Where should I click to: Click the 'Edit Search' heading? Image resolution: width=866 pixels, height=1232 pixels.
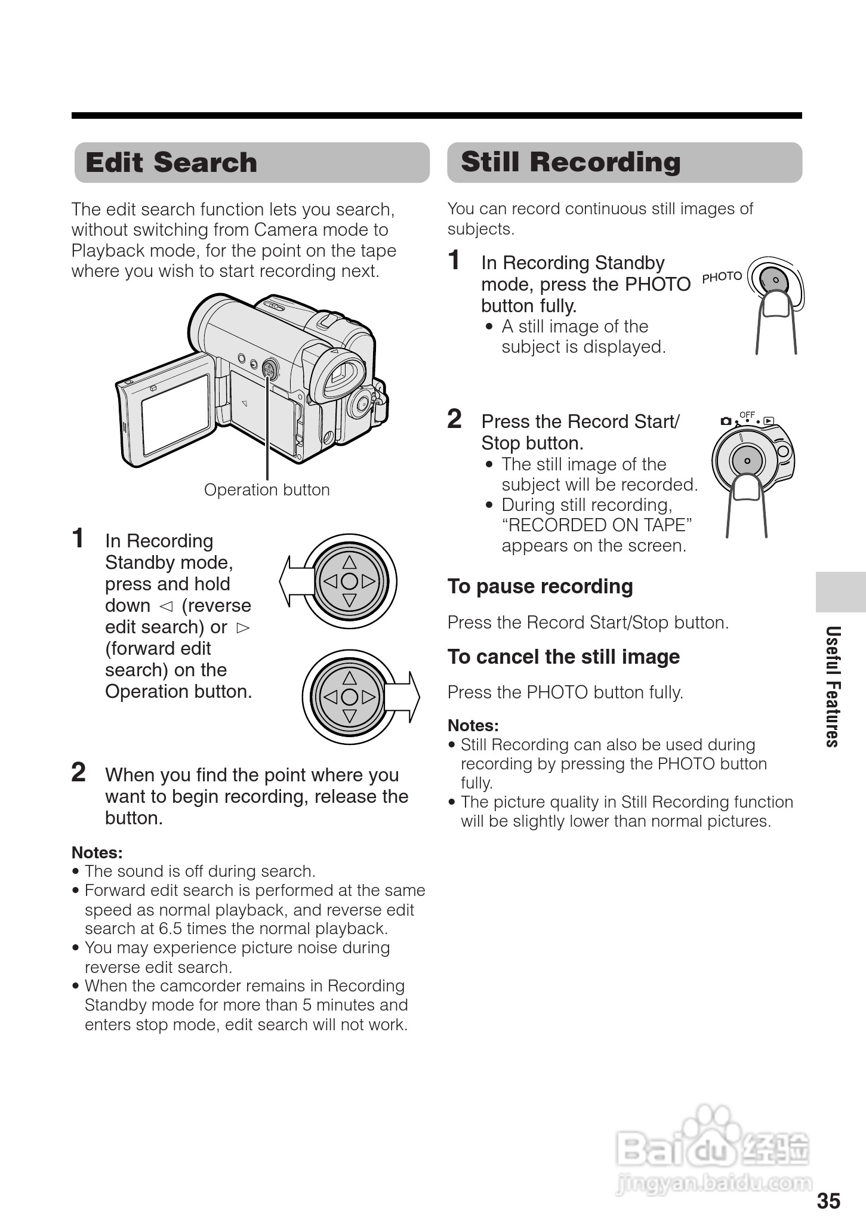click(x=171, y=162)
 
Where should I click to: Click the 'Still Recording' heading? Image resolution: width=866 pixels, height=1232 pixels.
click(x=571, y=162)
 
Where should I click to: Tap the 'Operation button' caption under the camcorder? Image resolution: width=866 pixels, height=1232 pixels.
click(x=267, y=489)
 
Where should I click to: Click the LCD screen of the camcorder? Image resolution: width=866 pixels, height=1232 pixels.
click(x=175, y=414)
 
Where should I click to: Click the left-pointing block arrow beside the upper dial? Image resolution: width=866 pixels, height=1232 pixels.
click(x=296, y=581)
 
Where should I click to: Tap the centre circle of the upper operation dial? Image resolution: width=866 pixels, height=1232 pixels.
click(x=350, y=581)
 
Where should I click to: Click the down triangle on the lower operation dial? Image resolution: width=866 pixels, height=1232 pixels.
click(x=350, y=715)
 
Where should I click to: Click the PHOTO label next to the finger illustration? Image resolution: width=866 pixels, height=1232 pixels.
click(x=722, y=277)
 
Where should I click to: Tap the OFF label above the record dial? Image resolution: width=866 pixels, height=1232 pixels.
click(x=747, y=414)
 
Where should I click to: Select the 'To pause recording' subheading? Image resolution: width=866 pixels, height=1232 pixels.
click(x=540, y=586)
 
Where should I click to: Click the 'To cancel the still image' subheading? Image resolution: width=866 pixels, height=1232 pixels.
click(x=563, y=657)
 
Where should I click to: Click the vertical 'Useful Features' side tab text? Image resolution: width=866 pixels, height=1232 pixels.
click(x=833, y=686)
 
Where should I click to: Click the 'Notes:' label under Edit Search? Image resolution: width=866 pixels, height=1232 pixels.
click(x=97, y=852)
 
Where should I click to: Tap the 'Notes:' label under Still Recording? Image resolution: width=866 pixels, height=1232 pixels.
click(x=473, y=725)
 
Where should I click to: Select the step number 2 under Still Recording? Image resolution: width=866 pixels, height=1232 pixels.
click(x=454, y=419)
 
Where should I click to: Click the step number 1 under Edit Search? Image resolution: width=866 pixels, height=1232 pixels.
click(x=78, y=538)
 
